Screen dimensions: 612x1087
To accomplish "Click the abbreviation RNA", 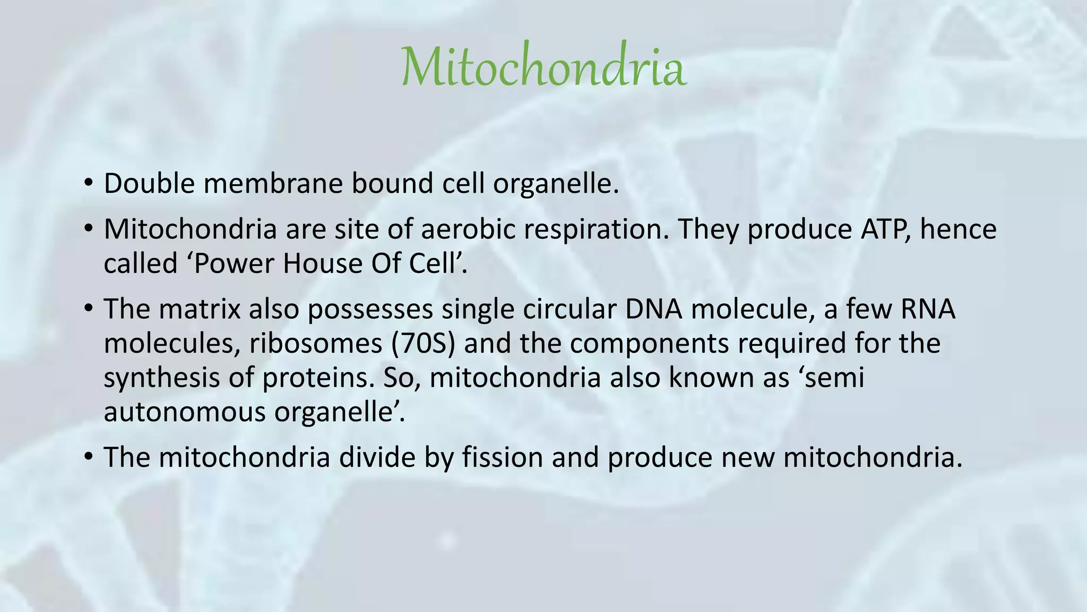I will click(x=928, y=309).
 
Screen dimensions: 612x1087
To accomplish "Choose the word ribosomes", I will click(x=316, y=343).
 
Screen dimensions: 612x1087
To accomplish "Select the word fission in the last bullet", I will click(x=502, y=457).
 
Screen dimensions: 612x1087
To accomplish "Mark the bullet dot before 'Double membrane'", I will click(x=88, y=184).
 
